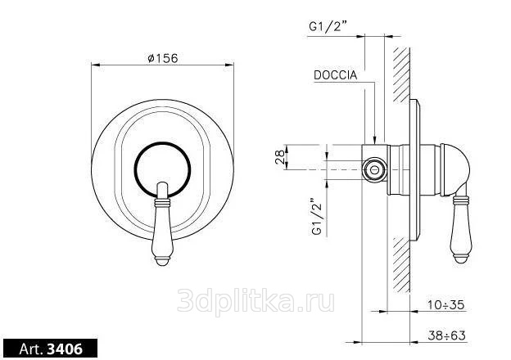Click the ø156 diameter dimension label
163,58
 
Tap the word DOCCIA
336,75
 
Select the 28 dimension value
280,157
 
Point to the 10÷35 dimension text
445,305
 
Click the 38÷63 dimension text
446,335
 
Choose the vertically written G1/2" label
318,216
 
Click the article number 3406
65,349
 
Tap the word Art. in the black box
32,349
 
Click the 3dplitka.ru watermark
255,301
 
